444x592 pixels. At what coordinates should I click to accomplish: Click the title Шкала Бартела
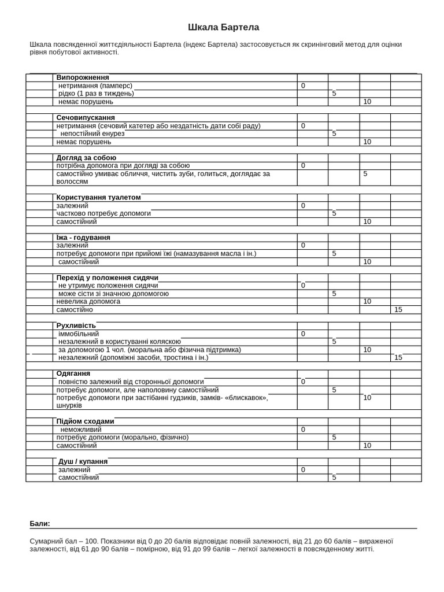[x=223, y=27]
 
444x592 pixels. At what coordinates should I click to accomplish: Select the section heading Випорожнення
[x=83, y=77]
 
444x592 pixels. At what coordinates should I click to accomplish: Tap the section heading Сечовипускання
[x=86, y=117]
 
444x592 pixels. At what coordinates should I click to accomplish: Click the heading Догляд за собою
[x=86, y=157]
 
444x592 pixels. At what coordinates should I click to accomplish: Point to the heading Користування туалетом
[x=98, y=197]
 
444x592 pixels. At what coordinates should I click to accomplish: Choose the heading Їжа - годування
[x=83, y=238]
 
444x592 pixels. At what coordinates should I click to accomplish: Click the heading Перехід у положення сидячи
[x=107, y=277]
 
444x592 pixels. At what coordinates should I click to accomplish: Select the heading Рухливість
[x=76, y=325]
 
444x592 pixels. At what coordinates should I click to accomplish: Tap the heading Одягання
[x=73, y=373]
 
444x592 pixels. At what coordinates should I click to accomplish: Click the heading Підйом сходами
[x=85, y=421]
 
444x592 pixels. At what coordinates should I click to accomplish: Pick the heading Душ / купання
[x=83, y=461]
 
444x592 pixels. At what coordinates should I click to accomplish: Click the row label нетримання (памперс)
[x=95, y=86]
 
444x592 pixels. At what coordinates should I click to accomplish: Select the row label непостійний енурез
[x=92, y=134]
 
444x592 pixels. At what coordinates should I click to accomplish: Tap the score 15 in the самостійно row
[x=398, y=310]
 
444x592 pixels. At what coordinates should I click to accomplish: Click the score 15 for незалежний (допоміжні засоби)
[x=398, y=357]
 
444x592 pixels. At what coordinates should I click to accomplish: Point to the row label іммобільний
[x=79, y=334]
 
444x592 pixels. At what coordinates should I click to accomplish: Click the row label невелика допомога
[x=88, y=301]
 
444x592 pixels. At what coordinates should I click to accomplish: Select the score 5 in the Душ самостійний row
[x=334, y=478]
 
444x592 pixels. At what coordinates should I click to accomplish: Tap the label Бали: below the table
[x=40, y=524]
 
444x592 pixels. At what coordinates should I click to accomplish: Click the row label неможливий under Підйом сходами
[x=81, y=430]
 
